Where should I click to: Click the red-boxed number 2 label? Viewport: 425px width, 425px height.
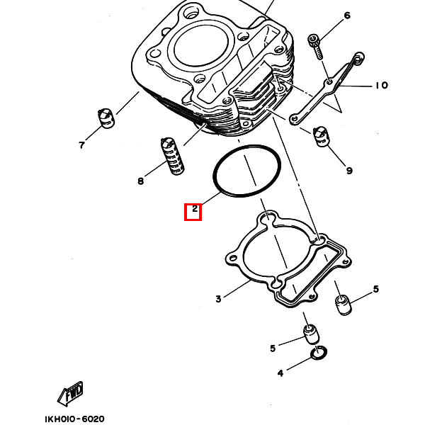tap(193, 211)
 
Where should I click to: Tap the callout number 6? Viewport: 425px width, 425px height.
tap(347, 15)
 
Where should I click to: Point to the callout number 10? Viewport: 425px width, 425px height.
tap(382, 86)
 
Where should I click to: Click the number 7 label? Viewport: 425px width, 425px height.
tap(81, 145)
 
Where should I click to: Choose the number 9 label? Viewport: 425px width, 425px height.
tap(349, 171)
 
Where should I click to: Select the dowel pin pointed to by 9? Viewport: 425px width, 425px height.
tap(322, 136)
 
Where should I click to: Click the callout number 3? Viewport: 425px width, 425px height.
tap(218, 299)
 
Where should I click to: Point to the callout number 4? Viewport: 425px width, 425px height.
tap(280, 373)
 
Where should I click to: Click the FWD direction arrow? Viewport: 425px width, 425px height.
tap(71, 392)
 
